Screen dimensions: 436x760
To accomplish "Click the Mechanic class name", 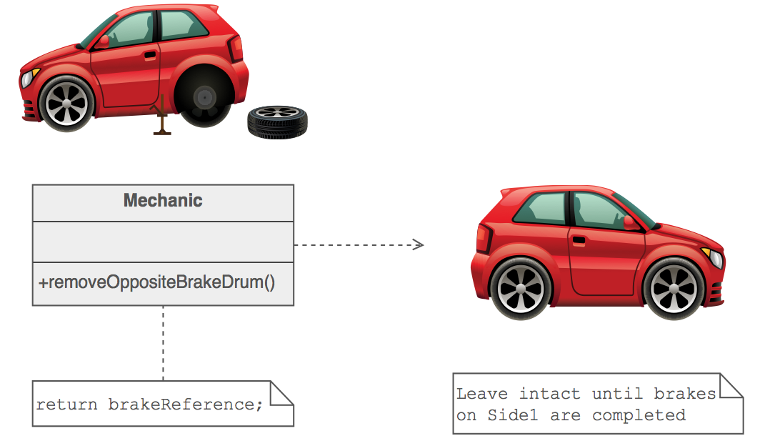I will pos(163,201).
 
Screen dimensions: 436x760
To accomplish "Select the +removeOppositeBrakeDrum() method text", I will pos(156,282).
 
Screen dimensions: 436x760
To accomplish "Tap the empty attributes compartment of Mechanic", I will pos(163,242).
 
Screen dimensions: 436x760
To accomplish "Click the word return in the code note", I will pos(67,405).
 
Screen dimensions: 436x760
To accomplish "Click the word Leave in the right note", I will pos(482,394).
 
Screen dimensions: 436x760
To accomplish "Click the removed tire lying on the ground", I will pos(277,122).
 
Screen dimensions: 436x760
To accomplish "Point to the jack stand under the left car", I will pos(162,118).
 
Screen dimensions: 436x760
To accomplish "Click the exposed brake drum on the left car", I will pos(204,97).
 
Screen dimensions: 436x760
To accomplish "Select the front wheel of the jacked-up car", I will pos(66,104).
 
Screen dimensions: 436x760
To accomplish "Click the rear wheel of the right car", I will pos(520,287).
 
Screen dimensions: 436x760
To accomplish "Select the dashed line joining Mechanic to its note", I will pos(163,343).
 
